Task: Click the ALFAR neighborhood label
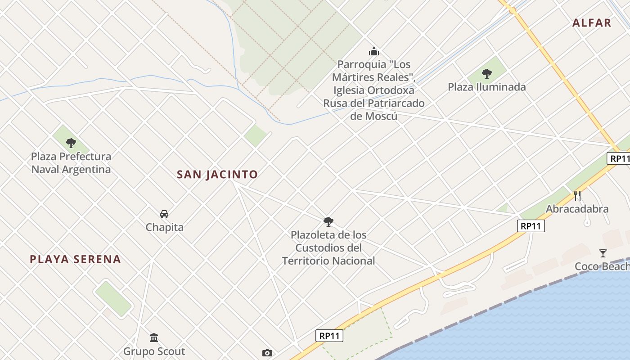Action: tap(591, 23)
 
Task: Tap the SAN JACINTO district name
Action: tap(217, 174)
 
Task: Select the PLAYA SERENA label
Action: tap(75, 259)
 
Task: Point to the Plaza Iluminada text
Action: tap(486, 87)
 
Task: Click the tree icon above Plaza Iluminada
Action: tap(486, 74)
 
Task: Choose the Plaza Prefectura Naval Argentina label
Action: tap(71, 163)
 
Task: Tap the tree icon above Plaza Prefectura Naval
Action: tap(71, 143)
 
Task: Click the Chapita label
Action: tap(164, 227)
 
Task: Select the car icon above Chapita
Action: tap(164, 214)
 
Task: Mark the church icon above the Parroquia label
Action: tap(373, 51)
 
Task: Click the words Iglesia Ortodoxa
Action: tap(373, 90)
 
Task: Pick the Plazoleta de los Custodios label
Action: tap(328, 247)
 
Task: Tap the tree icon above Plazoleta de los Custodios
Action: tap(328, 221)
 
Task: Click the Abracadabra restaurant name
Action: tap(577, 209)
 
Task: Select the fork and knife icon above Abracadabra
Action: tap(577, 196)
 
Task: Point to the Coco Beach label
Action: tap(602, 266)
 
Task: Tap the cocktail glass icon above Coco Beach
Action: tap(603, 253)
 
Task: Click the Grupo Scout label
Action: tap(154, 351)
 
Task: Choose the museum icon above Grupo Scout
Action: tap(154, 337)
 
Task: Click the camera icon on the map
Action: tap(267, 353)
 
